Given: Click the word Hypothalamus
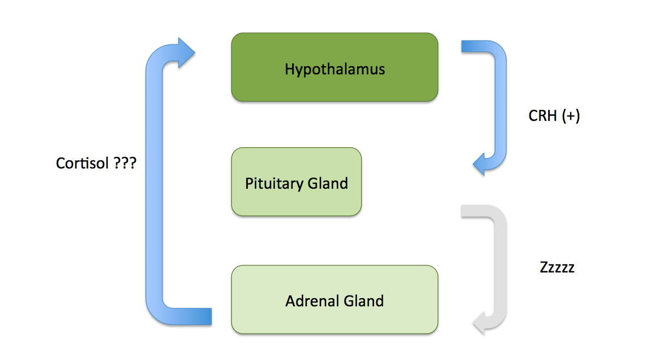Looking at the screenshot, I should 335,69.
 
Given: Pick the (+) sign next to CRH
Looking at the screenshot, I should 570,117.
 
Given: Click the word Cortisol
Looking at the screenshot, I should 80,164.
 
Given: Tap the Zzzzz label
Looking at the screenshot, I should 557,268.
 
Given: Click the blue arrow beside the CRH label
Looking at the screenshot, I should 499,104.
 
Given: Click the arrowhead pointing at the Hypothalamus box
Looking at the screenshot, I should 185,53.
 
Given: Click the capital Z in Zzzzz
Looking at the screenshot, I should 544,268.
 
